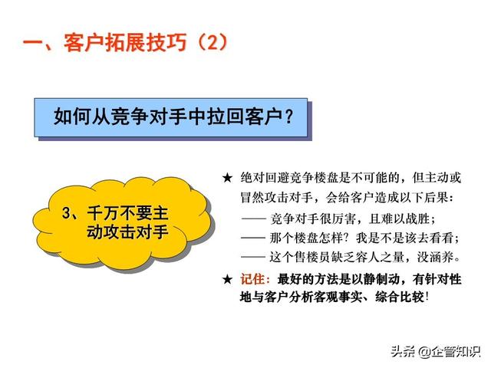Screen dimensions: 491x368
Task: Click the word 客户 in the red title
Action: point(84,43)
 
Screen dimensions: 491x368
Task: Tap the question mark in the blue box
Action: point(289,117)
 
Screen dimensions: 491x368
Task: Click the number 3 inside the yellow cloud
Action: point(67,213)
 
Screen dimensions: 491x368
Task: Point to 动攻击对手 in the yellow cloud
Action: point(127,232)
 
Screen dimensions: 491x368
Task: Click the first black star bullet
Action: point(227,179)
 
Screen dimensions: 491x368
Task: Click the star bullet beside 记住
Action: point(227,279)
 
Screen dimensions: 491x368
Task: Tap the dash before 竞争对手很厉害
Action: point(253,219)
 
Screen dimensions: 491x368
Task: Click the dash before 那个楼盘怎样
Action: point(253,238)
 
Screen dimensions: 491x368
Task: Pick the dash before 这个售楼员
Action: point(253,258)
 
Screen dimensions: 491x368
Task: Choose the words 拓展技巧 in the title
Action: point(146,43)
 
